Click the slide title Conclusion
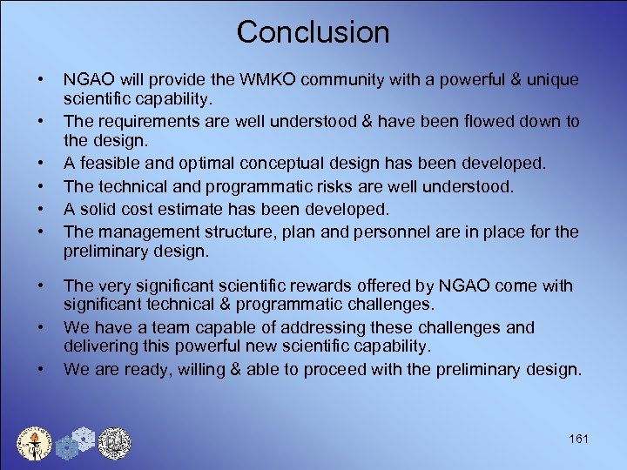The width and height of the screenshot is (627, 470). click(313, 32)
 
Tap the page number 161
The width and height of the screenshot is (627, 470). click(577, 439)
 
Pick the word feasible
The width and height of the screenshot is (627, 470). click(109, 164)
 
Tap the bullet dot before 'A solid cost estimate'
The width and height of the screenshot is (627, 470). click(41, 210)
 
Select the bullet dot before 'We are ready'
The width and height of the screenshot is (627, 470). click(41, 369)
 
